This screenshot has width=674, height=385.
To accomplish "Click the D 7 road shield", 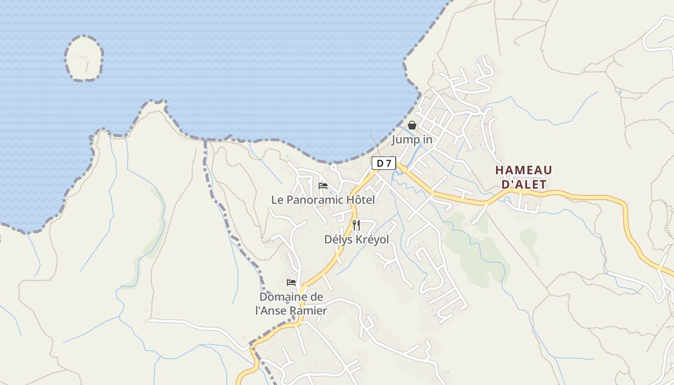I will pos(383,164).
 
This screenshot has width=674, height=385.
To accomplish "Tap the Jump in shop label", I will pos(412,140).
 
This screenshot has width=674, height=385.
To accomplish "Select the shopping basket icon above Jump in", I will pos(412,125).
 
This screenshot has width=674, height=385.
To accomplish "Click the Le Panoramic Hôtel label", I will pos(323,200).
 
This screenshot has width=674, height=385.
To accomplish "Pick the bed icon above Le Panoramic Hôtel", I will pos(323,186).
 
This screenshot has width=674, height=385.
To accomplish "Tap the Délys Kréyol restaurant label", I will pos(356,240).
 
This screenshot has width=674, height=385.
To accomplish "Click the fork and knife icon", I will pos(356,225).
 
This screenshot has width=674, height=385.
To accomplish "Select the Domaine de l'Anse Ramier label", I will pos(291,304).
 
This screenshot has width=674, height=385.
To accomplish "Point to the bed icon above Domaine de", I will pos(291,282).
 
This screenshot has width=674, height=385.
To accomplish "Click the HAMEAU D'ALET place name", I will pos(524,177).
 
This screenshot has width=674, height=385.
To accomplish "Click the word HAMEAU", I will pos(524,170).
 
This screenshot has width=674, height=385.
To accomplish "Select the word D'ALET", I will pos(524,184).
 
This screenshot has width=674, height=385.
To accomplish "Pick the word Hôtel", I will pos(359,200).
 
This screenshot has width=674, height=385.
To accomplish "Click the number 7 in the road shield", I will pos(388,164).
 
